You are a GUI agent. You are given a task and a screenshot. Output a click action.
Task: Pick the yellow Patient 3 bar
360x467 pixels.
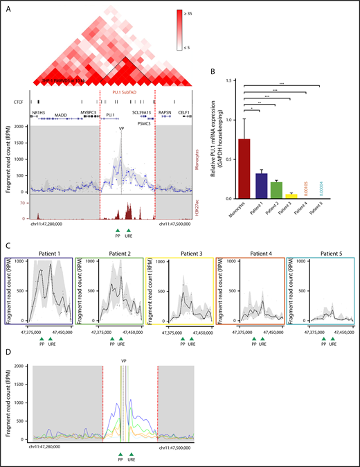(x=291, y=196)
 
